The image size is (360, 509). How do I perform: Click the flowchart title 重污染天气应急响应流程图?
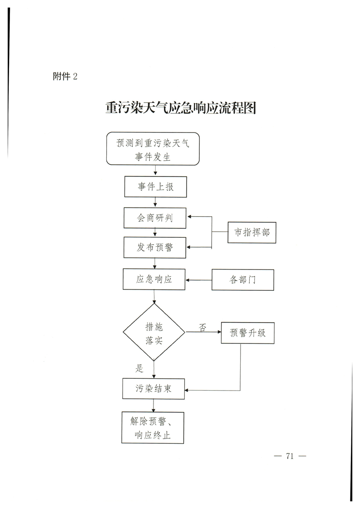[x=181, y=108]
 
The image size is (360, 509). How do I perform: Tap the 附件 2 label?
[x=65, y=76]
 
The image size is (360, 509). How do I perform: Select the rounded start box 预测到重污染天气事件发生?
[x=153, y=149]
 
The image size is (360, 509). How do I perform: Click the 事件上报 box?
[x=155, y=186]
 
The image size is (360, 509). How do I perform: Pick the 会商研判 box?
[x=155, y=218]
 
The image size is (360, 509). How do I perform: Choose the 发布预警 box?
[x=155, y=247]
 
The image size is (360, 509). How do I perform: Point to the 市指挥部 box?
[x=252, y=232]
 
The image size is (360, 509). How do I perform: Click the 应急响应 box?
[x=154, y=279]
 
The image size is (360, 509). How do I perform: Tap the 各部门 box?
[x=243, y=280]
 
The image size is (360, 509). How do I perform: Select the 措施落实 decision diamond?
[x=154, y=332]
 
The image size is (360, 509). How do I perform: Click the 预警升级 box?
[x=247, y=333]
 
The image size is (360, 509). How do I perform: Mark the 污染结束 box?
[x=153, y=389]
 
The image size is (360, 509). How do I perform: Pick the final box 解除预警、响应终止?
[x=153, y=428]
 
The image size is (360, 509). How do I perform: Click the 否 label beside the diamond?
[x=202, y=327]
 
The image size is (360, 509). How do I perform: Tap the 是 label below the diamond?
[x=139, y=368]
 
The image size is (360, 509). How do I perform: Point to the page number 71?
[x=290, y=456]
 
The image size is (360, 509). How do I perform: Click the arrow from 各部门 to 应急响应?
[x=198, y=280]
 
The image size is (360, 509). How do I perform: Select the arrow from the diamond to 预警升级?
[x=203, y=332]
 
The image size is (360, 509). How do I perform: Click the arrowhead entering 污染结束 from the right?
[x=187, y=390]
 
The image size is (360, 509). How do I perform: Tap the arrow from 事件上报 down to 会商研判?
[x=155, y=202]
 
